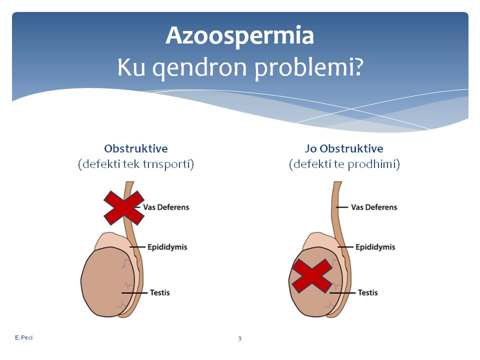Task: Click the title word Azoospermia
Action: (x=239, y=36)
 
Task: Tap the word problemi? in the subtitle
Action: (x=309, y=68)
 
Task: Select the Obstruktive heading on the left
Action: (x=136, y=148)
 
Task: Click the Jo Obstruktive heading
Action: (x=344, y=148)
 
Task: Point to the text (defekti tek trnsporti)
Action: (x=136, y=164)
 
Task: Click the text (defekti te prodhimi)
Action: (x=344, y=164)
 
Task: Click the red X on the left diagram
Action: (x=124, y=208)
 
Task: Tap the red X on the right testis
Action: (x=312, y=276)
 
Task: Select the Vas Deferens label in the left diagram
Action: (x=166, y=207)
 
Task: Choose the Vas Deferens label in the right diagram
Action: (x=374, y=207)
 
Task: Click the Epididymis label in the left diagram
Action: (x=167, y=247)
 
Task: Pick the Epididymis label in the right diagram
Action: (x=375, y=247)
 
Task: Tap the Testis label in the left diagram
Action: (x=160, y=292)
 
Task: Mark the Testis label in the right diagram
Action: (x=367, y=292)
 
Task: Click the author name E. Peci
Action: (x=23, y=337)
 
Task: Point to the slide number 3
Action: (x=239, y=338)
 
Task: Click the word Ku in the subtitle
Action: (x=131, y=67)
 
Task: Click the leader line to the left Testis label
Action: (x=134, y=293)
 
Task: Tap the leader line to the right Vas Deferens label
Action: (x=342, y=207)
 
